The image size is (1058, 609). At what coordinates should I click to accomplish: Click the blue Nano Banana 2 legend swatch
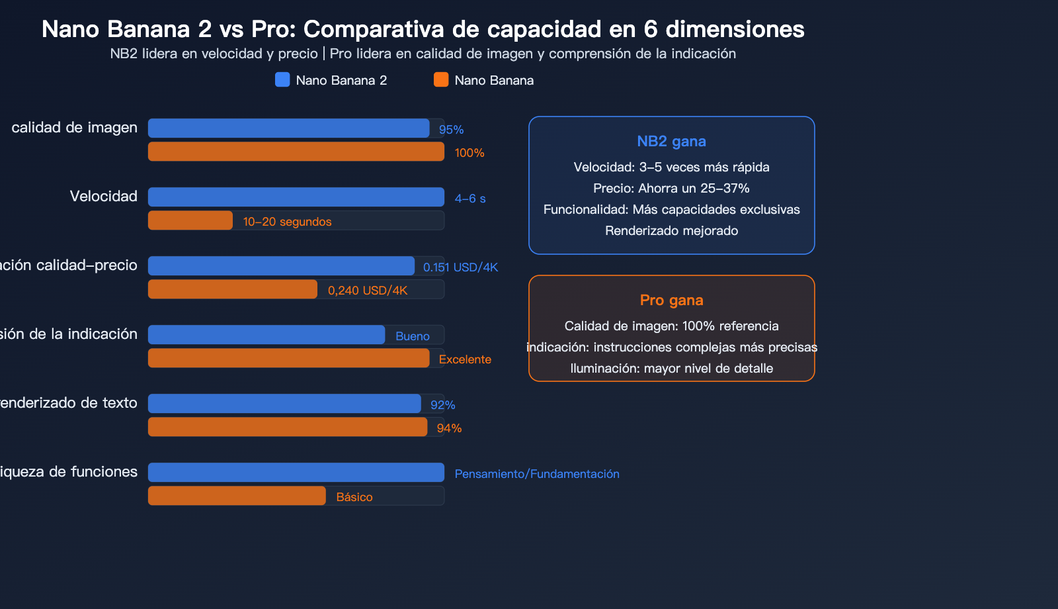282,80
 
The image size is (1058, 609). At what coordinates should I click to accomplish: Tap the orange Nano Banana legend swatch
441,80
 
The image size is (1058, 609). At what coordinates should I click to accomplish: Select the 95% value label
451,130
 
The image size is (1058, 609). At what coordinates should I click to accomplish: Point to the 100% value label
469,153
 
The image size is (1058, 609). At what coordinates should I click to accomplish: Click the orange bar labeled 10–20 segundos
190,220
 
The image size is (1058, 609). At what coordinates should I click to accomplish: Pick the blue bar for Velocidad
296,197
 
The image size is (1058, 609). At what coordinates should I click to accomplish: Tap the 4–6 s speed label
470,199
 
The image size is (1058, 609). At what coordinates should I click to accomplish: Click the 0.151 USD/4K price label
460,267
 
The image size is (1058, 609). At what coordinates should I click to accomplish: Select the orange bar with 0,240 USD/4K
232,289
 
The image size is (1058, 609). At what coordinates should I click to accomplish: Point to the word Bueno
413,336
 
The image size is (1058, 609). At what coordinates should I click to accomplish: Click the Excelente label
465,359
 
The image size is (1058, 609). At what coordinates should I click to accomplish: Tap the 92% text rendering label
442,405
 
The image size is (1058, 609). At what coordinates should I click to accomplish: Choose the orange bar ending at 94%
288,427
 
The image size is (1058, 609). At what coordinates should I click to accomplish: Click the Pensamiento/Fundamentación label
537,474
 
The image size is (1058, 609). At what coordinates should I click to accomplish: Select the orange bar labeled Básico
237,496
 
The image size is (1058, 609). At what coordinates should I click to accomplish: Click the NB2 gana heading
671,142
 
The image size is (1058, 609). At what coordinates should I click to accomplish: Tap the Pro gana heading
671,301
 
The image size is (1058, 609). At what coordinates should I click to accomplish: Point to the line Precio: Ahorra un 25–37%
671,189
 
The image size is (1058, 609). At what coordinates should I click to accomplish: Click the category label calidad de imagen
74,128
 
